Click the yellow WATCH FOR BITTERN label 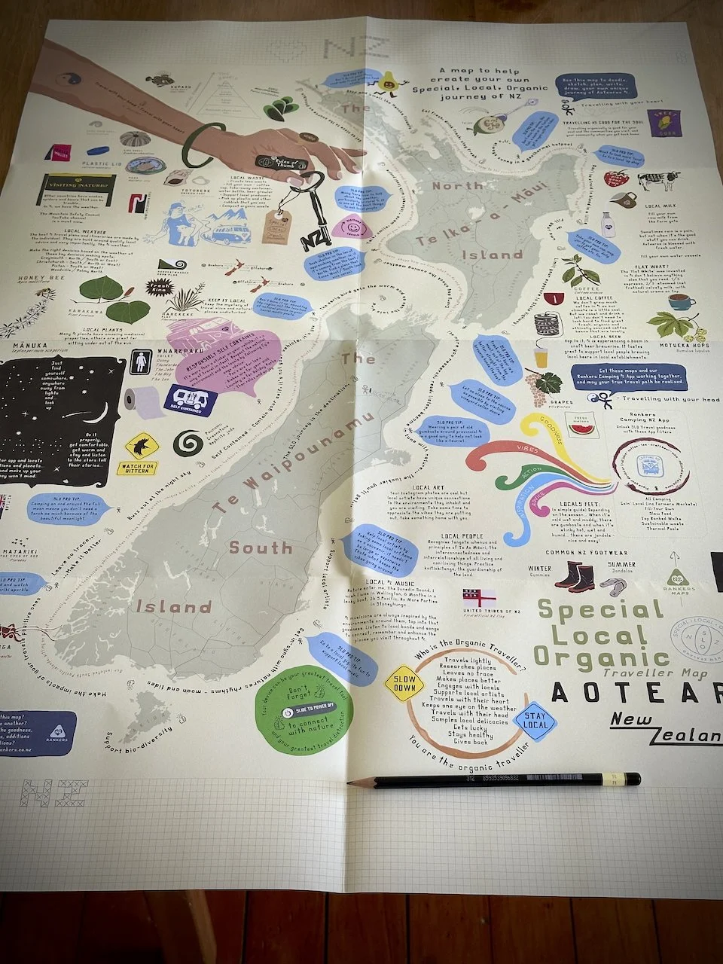137,468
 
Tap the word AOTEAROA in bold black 636,691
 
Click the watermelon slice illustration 579,428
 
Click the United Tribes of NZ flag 479,595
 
